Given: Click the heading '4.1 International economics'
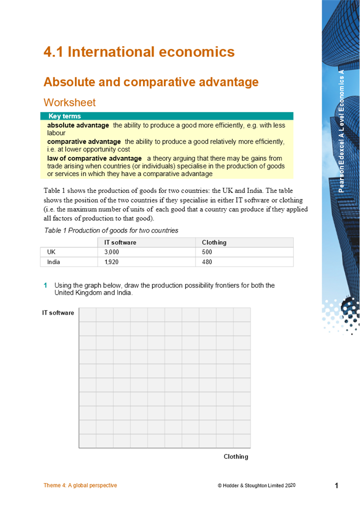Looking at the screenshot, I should click(139, 52).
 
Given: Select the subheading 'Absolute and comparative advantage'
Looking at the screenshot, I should click(151, 82).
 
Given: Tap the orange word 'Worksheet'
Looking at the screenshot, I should click(70, 102).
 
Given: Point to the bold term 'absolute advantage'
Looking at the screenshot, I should click(78, 125).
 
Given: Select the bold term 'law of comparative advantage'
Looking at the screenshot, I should click(94, 159).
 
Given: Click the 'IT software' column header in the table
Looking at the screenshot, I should click(120, 242).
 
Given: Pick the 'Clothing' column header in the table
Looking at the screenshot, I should click(214, 242).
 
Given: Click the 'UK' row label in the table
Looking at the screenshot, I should click(51, 252).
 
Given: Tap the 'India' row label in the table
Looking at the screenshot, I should click(53, 262).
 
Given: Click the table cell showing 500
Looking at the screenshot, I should click(207, 252).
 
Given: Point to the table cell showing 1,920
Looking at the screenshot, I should click(111, 262).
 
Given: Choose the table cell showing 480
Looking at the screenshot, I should click(207, 262).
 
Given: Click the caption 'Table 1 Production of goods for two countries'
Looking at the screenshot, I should click(111, 231).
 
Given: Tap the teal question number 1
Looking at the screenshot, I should click(45, 286).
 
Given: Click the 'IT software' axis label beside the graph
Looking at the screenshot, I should click(58, 313).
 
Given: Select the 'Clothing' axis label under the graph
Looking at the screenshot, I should click(236, 457).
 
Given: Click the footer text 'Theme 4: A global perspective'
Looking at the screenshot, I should click(80, 486).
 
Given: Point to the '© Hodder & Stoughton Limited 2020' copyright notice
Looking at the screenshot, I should click(256, 486).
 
